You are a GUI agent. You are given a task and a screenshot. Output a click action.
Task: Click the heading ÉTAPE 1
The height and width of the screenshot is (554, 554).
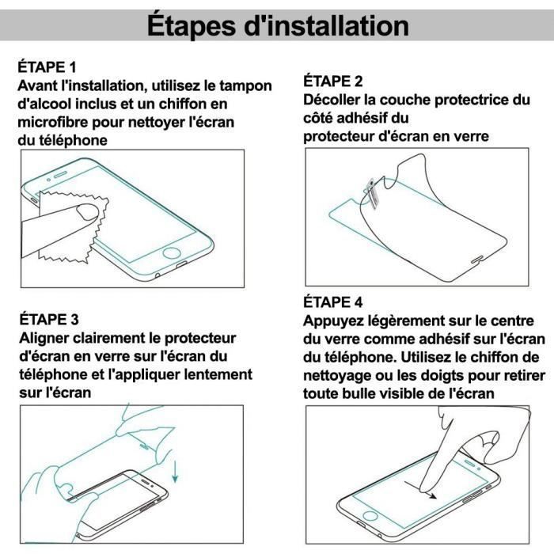49,68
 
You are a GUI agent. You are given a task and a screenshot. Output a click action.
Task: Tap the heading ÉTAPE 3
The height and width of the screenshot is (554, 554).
49,320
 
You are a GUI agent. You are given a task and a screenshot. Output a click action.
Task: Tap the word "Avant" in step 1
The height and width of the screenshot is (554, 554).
38,85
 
